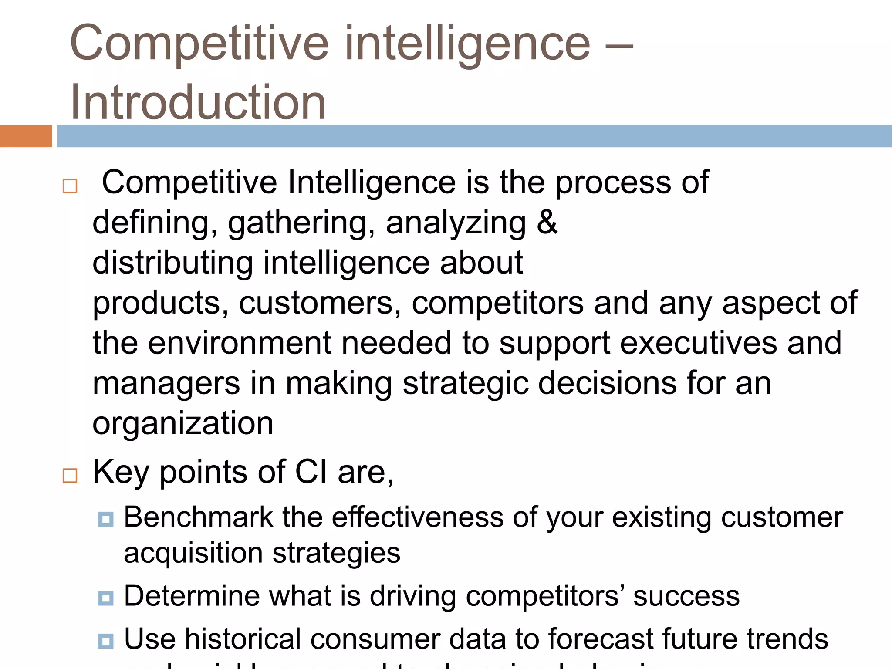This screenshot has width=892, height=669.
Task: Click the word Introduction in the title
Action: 198,102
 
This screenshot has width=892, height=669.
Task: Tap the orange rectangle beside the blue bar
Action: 26,136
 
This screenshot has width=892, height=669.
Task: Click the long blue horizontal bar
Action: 474,136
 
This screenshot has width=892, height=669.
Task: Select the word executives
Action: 698,343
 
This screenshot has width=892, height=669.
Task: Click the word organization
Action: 183,424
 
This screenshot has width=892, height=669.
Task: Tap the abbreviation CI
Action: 311,472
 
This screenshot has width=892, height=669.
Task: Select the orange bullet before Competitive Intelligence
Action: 70,186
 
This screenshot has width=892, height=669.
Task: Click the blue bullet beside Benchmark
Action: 106,519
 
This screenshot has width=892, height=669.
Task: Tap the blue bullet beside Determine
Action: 106,598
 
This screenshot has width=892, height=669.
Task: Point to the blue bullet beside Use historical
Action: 106,641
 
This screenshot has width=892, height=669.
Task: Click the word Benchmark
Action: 198,517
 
